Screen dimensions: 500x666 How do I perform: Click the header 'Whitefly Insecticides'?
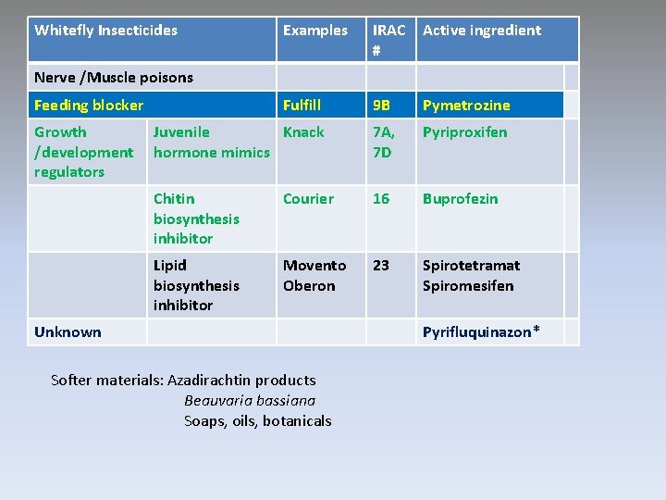tap(105, 31)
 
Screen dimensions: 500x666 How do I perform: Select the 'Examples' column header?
tap(314, 31)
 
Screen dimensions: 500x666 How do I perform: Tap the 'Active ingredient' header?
tap(481, 31)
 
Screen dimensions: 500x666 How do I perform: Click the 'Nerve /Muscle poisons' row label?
tap(113, 78)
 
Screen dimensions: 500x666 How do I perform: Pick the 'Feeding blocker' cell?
tap(89, 106)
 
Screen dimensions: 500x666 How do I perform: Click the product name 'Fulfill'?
tap(302, 106)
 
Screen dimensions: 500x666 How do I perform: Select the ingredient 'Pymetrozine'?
tap(466, 106)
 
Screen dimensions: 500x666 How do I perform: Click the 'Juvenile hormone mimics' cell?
tap(211, 143)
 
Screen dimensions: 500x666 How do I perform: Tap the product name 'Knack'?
tap(303, 132)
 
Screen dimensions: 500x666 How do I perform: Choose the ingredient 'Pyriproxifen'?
tap(464, 132)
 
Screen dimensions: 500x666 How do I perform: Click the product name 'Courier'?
tap(308, 199)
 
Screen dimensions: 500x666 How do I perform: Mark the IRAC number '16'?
tap(381, 199)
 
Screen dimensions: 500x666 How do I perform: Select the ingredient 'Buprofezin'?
tap(460, 199)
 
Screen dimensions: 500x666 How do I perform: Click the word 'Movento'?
tap(314, 266)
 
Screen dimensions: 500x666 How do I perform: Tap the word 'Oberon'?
tap(309, 286)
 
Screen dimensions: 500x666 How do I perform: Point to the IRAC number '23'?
tap(381, 266)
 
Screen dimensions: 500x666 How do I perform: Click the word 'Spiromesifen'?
tap(467, 286)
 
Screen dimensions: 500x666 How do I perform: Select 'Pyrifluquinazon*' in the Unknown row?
tap(481, 332)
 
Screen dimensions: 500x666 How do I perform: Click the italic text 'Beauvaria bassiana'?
tap(250, 401)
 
